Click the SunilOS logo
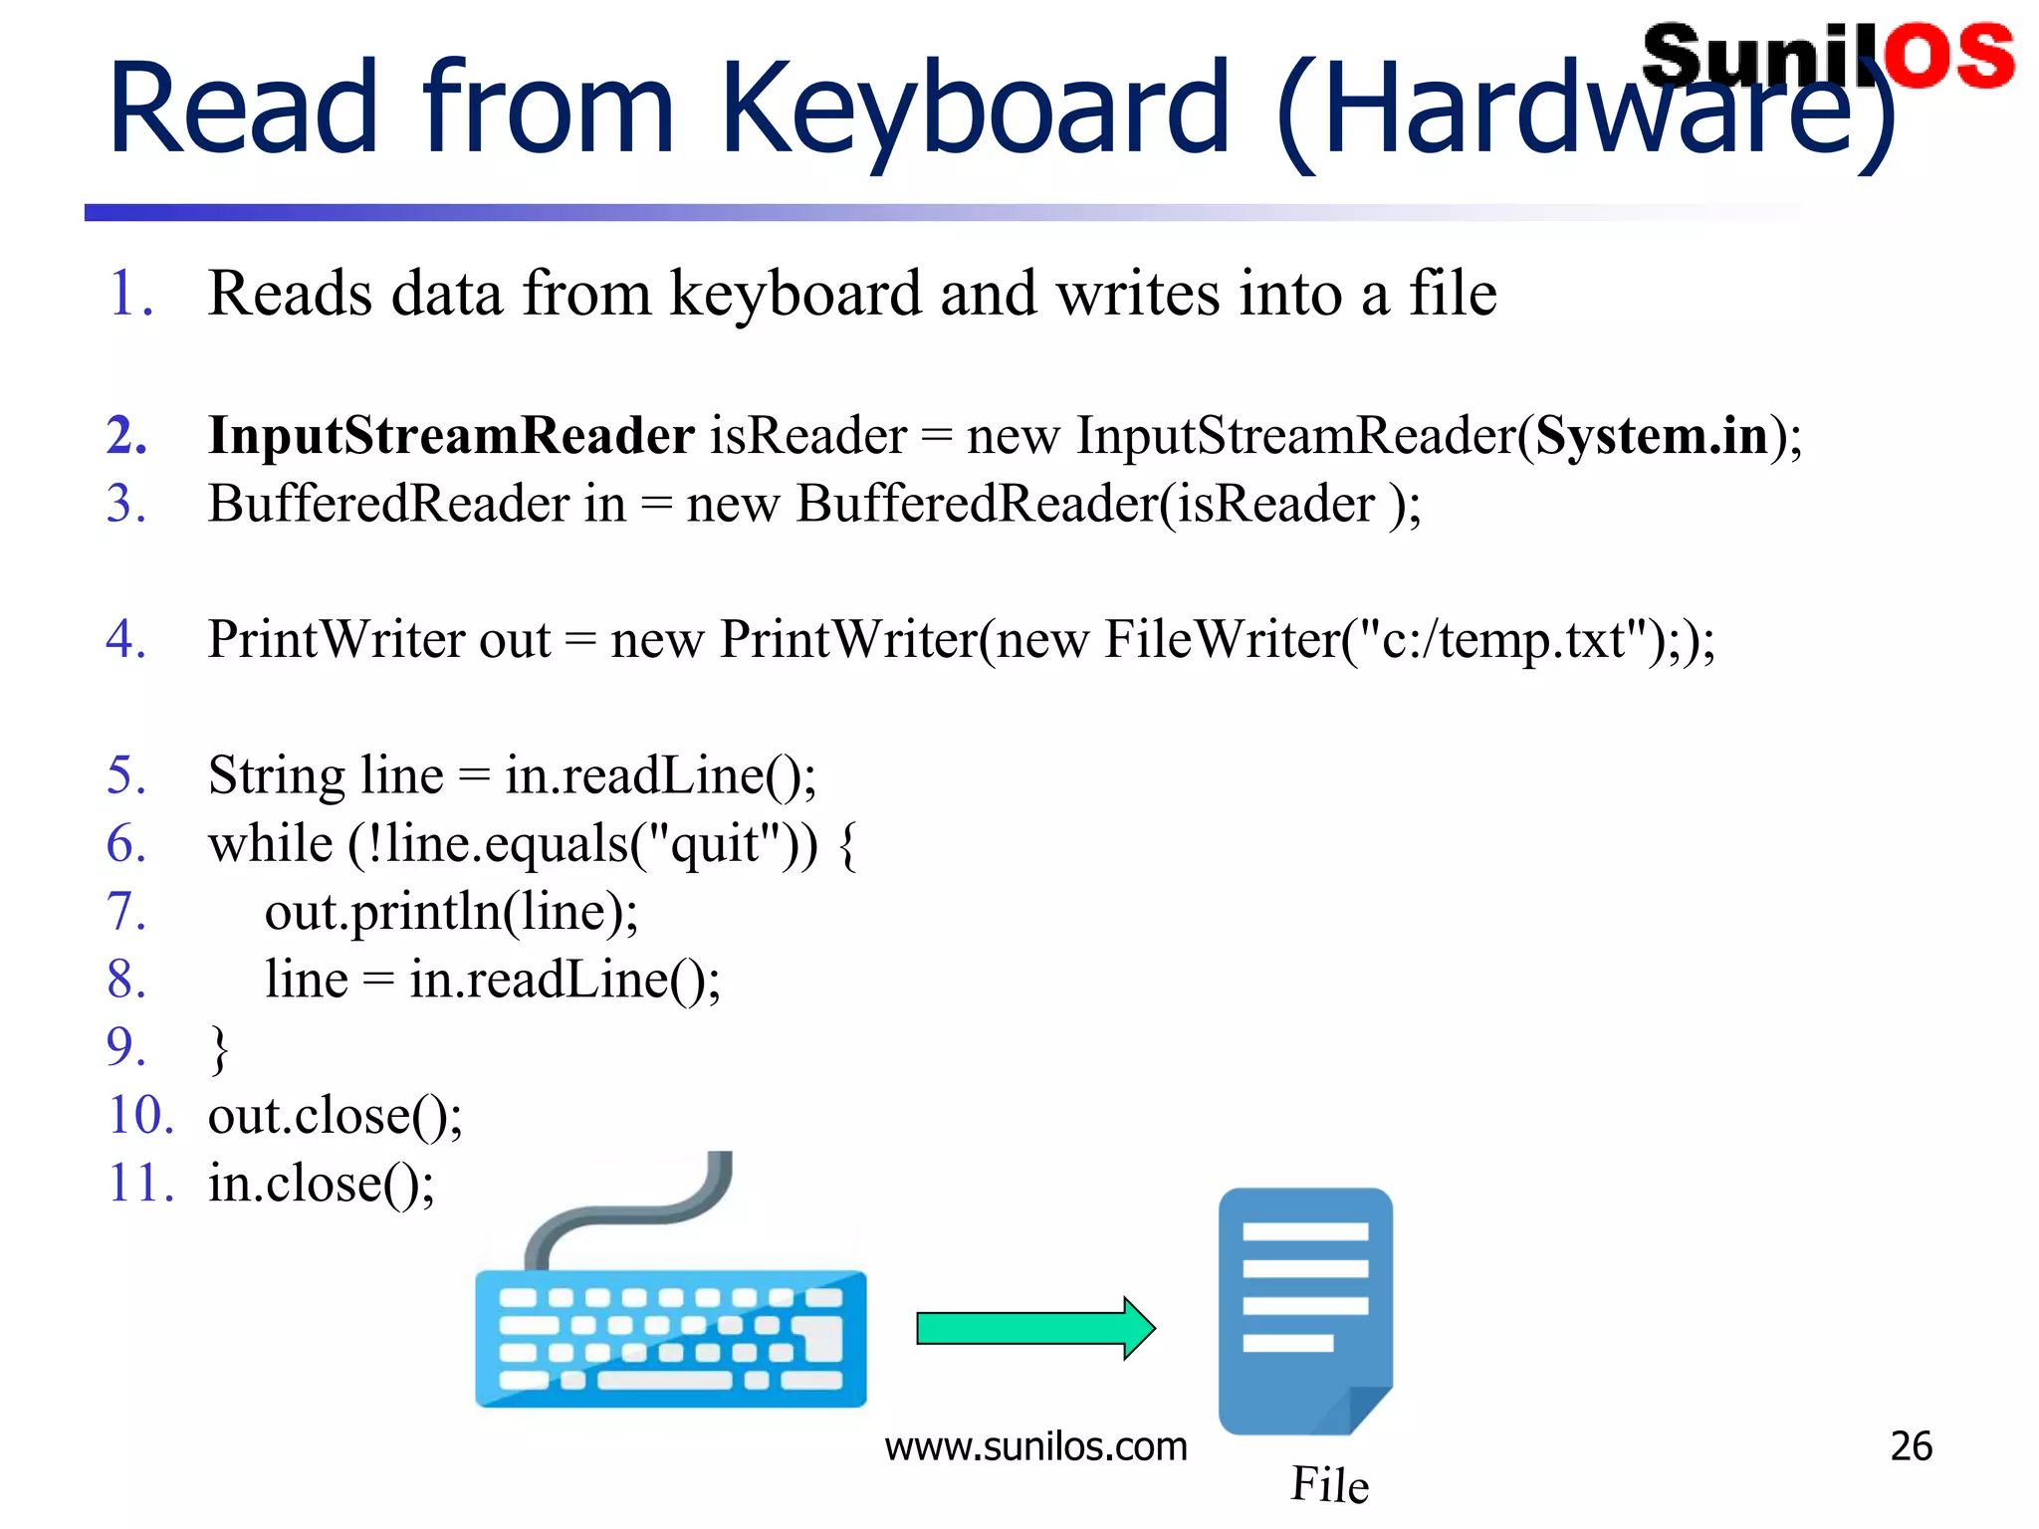click(1828, 56)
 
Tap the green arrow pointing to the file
click(1035, 1328)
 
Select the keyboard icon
click(671, 1338)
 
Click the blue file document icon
click(1305, 1310)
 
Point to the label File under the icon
click(1329, 1484)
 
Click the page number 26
click(1911, 1446)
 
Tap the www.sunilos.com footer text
click(1035, 1446)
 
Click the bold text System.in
click(1652, 436)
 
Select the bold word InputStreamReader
click(451, 436)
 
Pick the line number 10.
click(139, 1115)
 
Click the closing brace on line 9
click(219, 1049)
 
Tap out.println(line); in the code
click(451, 912)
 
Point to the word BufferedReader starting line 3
click(387, 504)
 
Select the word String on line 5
click(276, 776)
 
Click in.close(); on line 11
click(321, 1184)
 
